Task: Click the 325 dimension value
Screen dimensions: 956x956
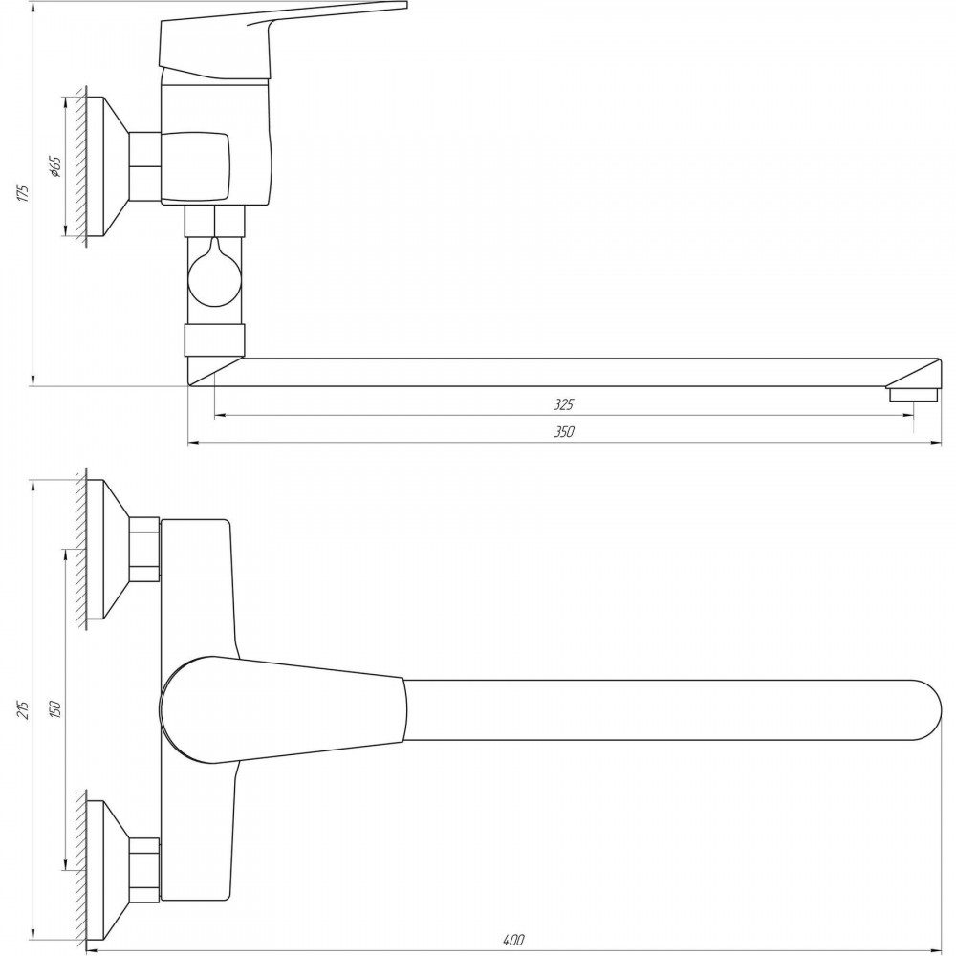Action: tap(564, 403)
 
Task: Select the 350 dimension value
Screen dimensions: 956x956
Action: tap(564, 431)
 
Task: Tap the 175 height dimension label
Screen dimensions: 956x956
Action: tap(23, 193)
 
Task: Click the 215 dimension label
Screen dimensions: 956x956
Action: tap(23, 709)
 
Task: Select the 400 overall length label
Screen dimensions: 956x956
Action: tap(513, 940)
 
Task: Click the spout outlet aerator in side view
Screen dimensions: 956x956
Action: tap(913, 395)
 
